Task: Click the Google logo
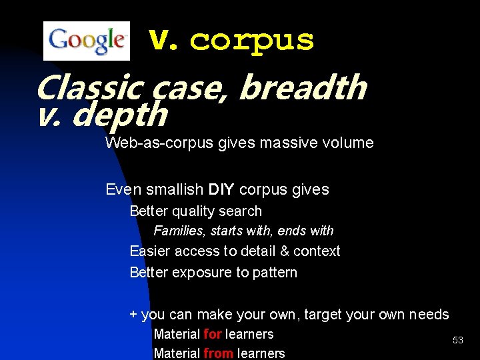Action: pos(86,41)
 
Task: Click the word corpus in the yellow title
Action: pos(252,41)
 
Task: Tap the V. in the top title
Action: pos(163,41)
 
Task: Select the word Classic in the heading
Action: pos(89,87)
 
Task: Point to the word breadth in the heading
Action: pos(302,87)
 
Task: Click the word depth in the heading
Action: pos(119,115)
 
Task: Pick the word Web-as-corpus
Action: pos(159,143)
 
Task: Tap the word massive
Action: pos(287,143)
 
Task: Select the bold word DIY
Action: pos(221,189)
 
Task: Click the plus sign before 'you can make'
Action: pos(133,315)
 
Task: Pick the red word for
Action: pos(212,334)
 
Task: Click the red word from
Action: pos(218,353)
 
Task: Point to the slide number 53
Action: pos(457,340)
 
